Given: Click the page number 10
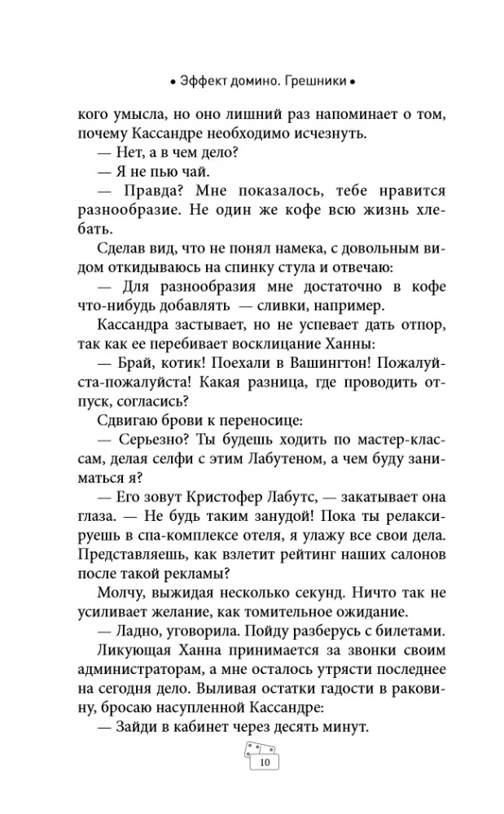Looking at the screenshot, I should coord(263,763).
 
